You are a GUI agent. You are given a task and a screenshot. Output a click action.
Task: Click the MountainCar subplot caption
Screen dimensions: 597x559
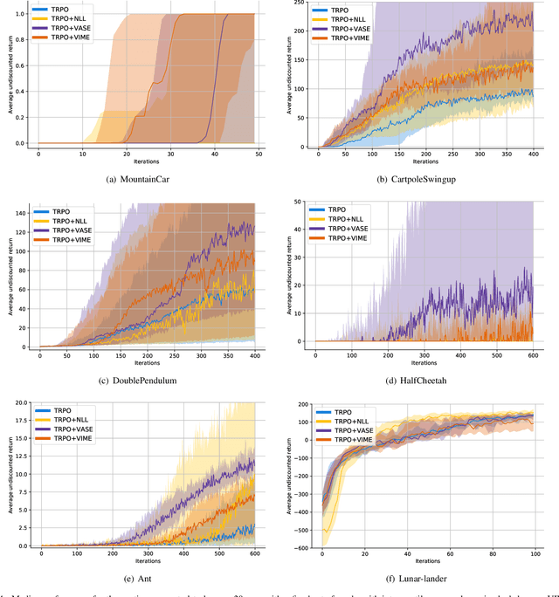145,181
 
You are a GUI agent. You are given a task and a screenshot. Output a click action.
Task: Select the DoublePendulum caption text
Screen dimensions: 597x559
145,380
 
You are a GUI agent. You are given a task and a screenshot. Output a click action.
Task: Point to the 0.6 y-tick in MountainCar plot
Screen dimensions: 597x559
20,65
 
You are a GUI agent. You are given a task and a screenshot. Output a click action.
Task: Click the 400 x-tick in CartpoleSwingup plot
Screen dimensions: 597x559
534,154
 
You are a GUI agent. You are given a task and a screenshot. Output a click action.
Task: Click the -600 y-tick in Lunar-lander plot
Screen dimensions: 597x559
300,548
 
